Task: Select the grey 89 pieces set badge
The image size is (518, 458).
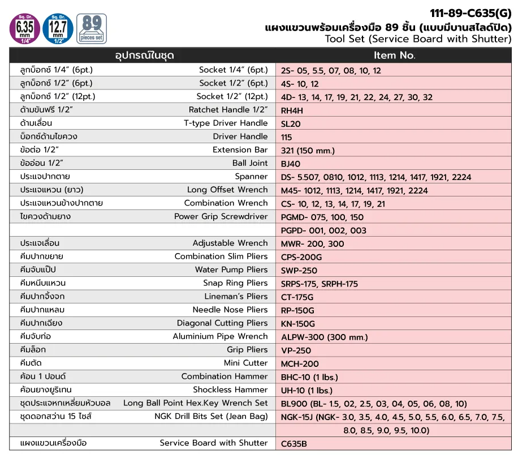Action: (91, 28)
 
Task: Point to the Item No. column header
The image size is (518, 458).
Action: (394, 55)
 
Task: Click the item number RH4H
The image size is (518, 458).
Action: (292, 110)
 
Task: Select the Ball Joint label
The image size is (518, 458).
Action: (251, 163)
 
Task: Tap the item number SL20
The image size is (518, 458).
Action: (291, 123)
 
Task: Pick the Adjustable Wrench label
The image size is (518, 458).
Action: (230, 243)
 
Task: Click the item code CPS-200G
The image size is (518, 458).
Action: (302, 257)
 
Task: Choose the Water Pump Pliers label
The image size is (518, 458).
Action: (231, 270)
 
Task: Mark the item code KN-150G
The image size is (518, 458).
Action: (298, 324)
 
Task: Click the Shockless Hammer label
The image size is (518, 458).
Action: (230, 390)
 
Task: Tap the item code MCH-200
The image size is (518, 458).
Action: (300, 364)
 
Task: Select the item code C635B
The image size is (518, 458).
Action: (295, 444)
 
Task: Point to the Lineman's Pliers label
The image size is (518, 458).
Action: (236, 297)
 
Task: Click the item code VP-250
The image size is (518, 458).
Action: (296, 350)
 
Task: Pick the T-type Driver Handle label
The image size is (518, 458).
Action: (226, 123)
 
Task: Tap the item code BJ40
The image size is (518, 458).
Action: (291, 164)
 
